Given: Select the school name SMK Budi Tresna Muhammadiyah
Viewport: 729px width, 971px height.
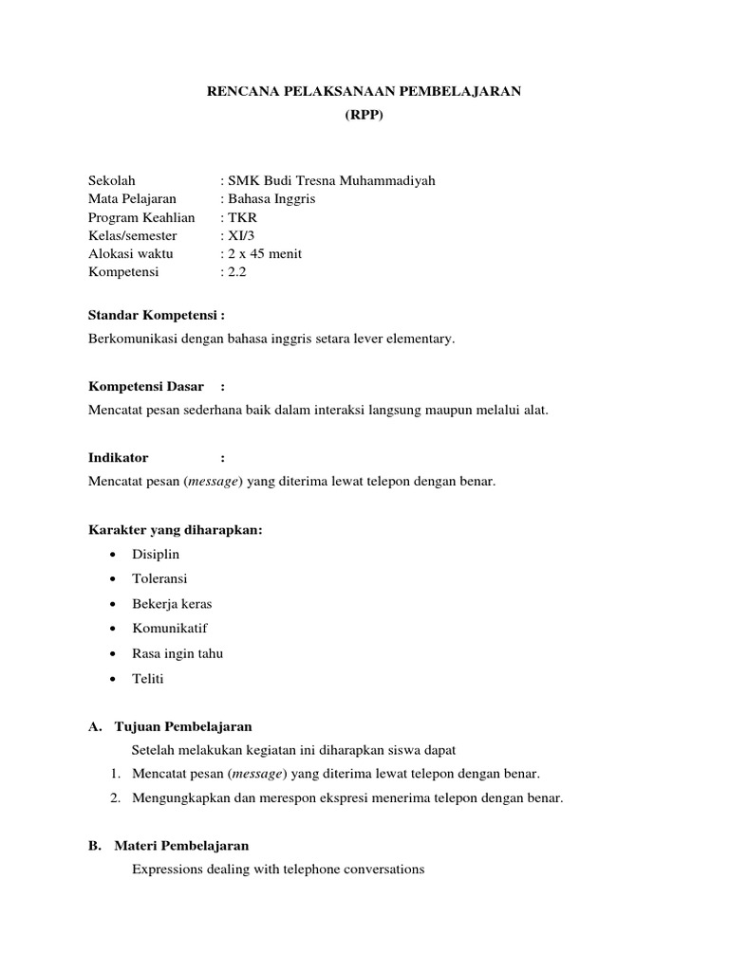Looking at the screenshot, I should tap(329, 180).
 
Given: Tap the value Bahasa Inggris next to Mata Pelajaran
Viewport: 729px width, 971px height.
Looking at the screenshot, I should tap(271, 199).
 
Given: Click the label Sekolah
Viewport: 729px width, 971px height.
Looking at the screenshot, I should tap(112, 180).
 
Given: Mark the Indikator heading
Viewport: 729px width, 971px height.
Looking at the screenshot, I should tap(119, 457).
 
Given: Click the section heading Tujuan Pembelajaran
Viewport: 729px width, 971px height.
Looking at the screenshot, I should tap(182, 726).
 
